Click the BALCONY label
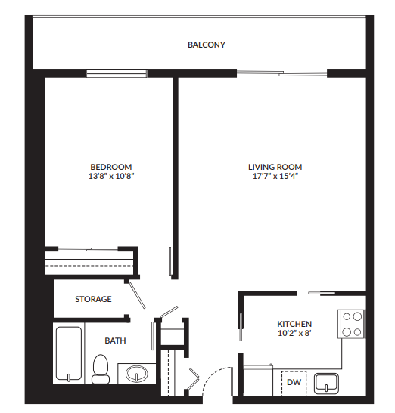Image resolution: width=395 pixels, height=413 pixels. pos(207,45)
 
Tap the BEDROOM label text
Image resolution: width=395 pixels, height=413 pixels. pos(110,167)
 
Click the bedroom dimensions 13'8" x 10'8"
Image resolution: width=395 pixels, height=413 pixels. pos(110,177)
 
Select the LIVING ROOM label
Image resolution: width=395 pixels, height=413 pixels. pos(275,167)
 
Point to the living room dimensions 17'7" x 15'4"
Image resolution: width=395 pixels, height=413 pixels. pos(275,177)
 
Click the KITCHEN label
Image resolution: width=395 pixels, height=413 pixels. pos(294,324)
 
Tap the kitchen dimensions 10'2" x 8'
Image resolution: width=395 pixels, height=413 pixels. pos(294,333)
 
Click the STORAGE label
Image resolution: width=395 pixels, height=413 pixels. pos(93,299)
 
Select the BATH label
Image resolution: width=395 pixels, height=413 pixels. pos(115,341)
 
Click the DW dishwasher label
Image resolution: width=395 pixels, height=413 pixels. pos(293,383)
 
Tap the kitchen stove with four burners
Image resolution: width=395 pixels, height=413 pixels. pos(352,324)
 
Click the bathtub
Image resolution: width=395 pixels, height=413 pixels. pos(69,354)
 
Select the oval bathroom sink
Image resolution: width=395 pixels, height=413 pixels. pos(136,374)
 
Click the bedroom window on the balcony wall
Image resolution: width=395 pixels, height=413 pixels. pos(116,73)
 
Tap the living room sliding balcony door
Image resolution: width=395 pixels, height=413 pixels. pos(281,73)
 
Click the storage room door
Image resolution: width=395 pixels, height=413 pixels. pos(136,293)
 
